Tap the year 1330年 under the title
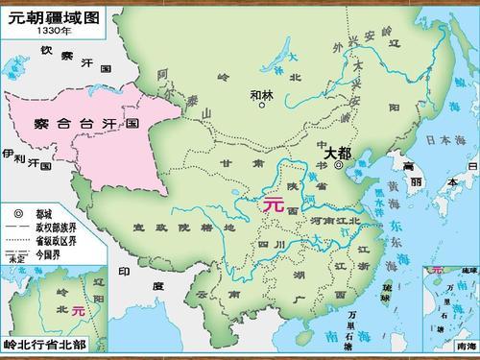coord(53,30)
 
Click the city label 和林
coord(261,93)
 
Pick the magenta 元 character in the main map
coord(274,204)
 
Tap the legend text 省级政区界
coord(55,243)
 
